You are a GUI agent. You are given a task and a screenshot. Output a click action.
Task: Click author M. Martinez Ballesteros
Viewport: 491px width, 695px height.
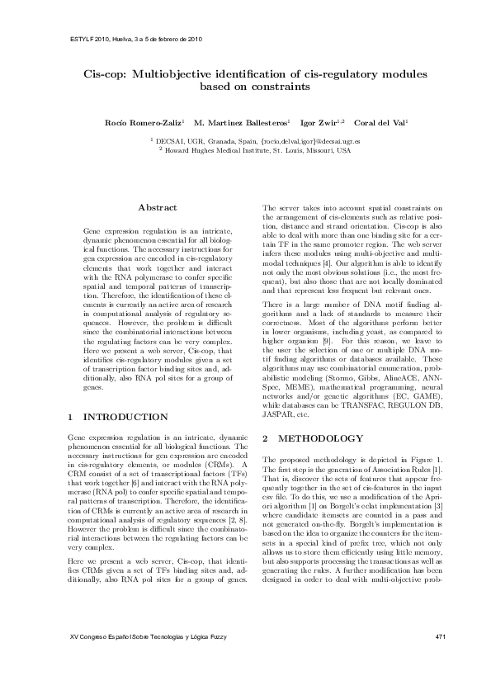click(x=240, y=122)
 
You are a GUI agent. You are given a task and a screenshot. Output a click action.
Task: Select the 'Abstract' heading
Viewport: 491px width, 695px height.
click(x=157, y=206)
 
